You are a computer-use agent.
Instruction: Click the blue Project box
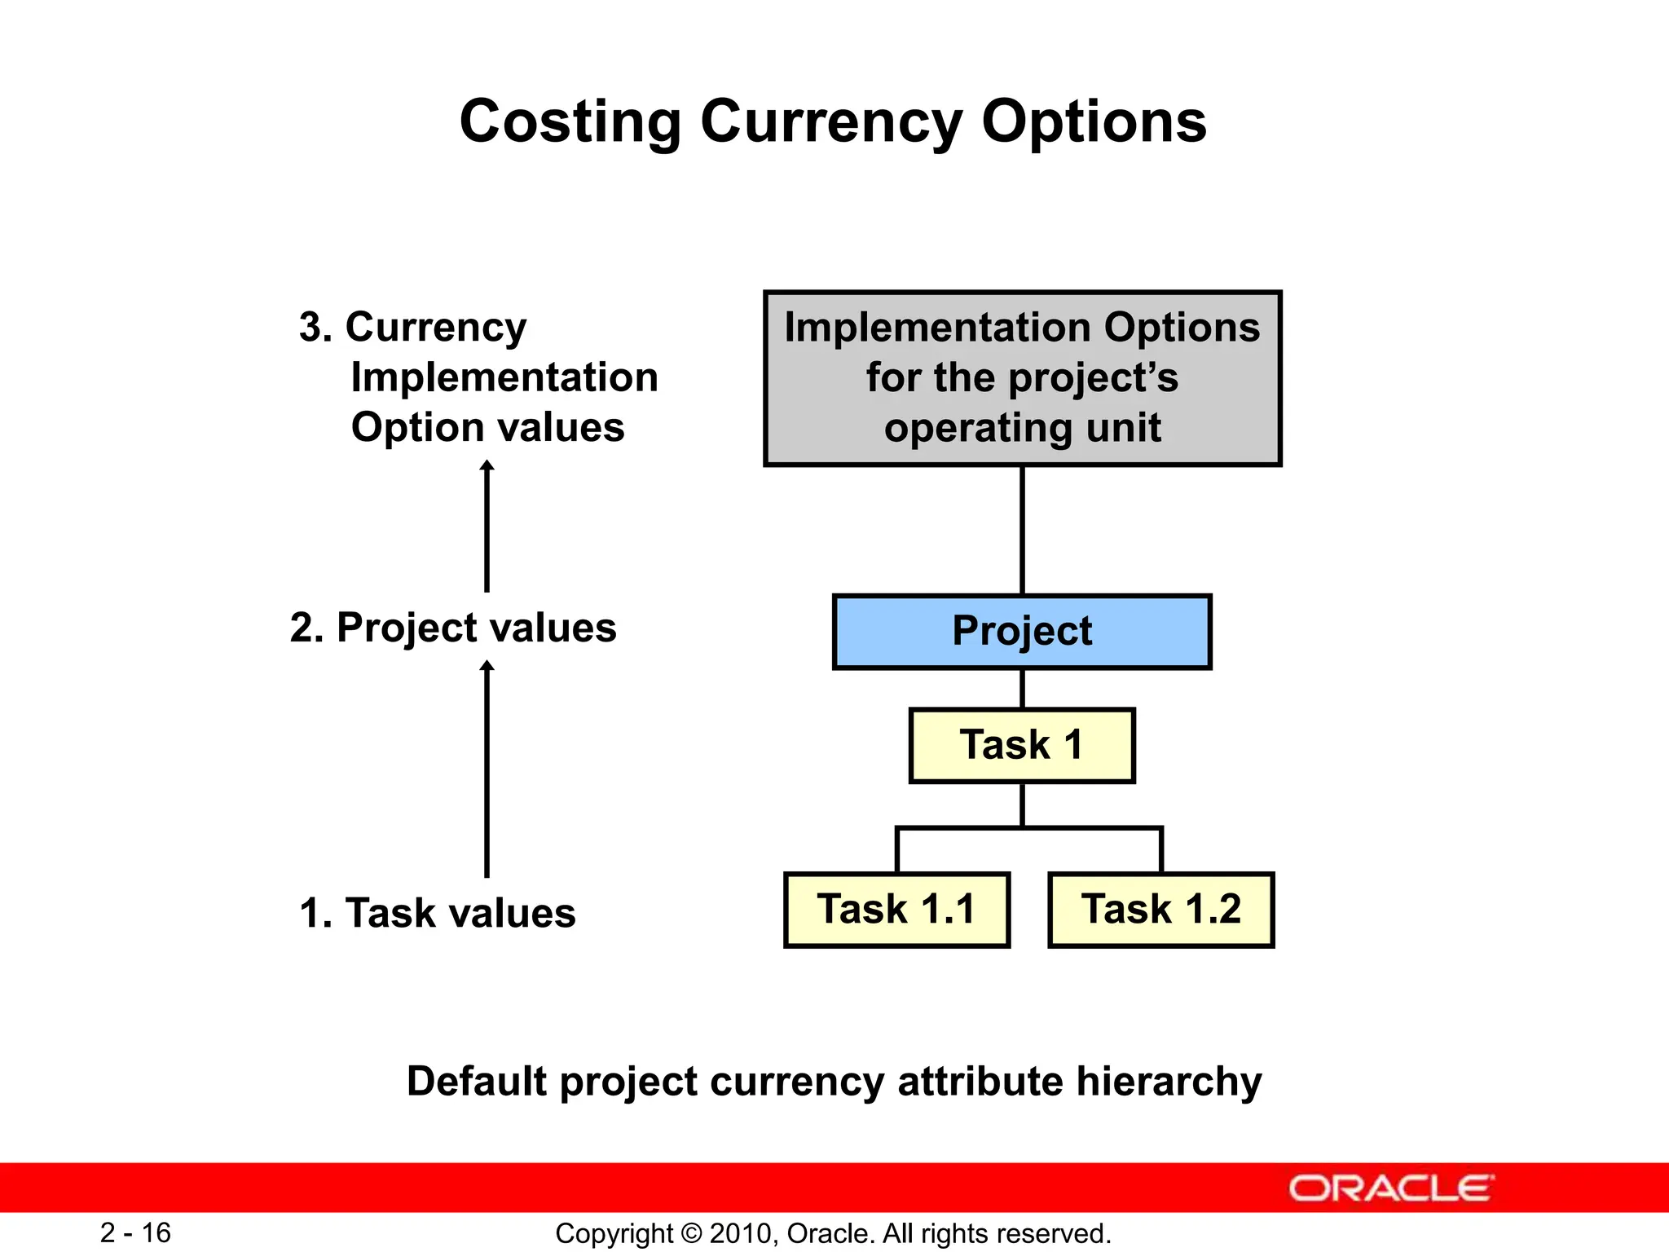(1022, 632)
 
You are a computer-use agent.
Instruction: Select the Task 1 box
(1022, 745)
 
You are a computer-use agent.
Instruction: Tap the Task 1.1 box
(896, 910)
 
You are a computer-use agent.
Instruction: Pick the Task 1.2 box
(1160, 910)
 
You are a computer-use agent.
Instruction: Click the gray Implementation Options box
(1022, 378)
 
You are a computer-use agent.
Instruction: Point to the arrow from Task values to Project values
(487, 770)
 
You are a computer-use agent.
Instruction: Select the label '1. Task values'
(438, 913)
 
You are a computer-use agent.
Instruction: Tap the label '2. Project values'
(453, 628)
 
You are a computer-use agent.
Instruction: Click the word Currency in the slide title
(831, 121)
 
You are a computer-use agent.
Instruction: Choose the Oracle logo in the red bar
(1390, 1188)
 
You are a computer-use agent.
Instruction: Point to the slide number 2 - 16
(135, 1232)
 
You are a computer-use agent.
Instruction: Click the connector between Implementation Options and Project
(1022, 530)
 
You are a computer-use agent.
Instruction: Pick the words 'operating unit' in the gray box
(1022, 428)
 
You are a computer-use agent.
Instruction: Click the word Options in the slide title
(1094, 121)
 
